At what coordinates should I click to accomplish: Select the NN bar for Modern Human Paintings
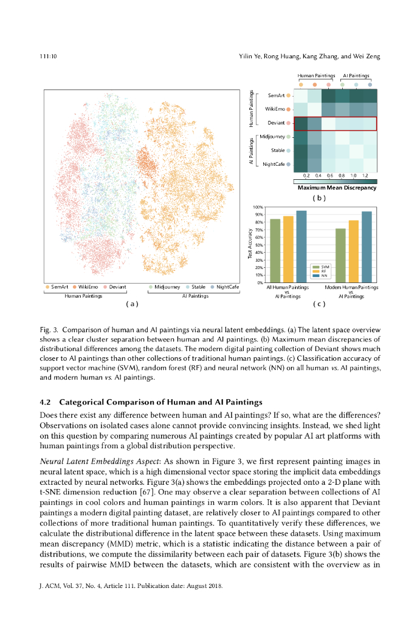click(x=366, y=247)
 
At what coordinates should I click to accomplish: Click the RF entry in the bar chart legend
click(x=324, y=271)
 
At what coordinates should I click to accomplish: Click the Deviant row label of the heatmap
click(x=276, y=123)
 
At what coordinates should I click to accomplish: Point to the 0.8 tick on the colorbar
click(x=342, y=175)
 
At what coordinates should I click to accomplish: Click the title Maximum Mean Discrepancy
click(x=337, y=188)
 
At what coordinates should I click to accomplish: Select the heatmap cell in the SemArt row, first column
click(x=300, y=95)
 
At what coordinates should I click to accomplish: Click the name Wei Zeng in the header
click(x=366, y=56)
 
